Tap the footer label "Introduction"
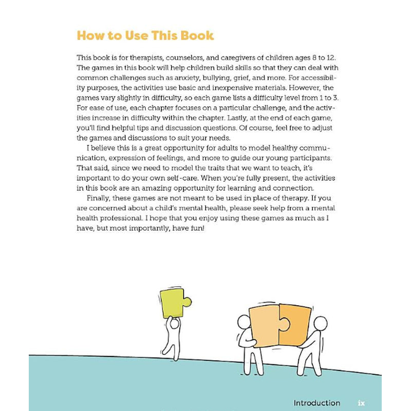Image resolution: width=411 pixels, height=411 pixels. coord(316,403)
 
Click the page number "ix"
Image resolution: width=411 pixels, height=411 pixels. coord(361,403)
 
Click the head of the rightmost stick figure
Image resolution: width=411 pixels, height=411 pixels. coord(320,324)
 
